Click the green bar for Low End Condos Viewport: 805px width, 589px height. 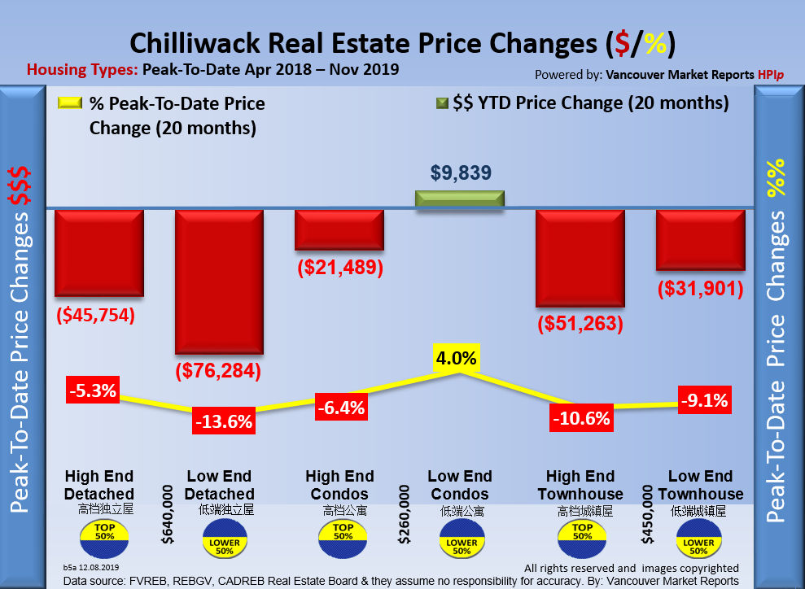pos(460,199)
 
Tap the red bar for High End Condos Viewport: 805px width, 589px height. pos(339,230)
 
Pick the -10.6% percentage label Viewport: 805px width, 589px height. pos(580,418)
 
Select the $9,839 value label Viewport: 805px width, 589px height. pos(460,172)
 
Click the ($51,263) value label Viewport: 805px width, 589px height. pos(580,323)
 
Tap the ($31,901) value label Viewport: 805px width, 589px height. pos(701,288)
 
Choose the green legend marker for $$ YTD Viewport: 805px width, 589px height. pos(443,103)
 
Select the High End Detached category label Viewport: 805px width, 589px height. pos(100,485)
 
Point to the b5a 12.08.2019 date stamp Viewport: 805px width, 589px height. pos(90,565)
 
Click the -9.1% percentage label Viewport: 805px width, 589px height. pos(702,399)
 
